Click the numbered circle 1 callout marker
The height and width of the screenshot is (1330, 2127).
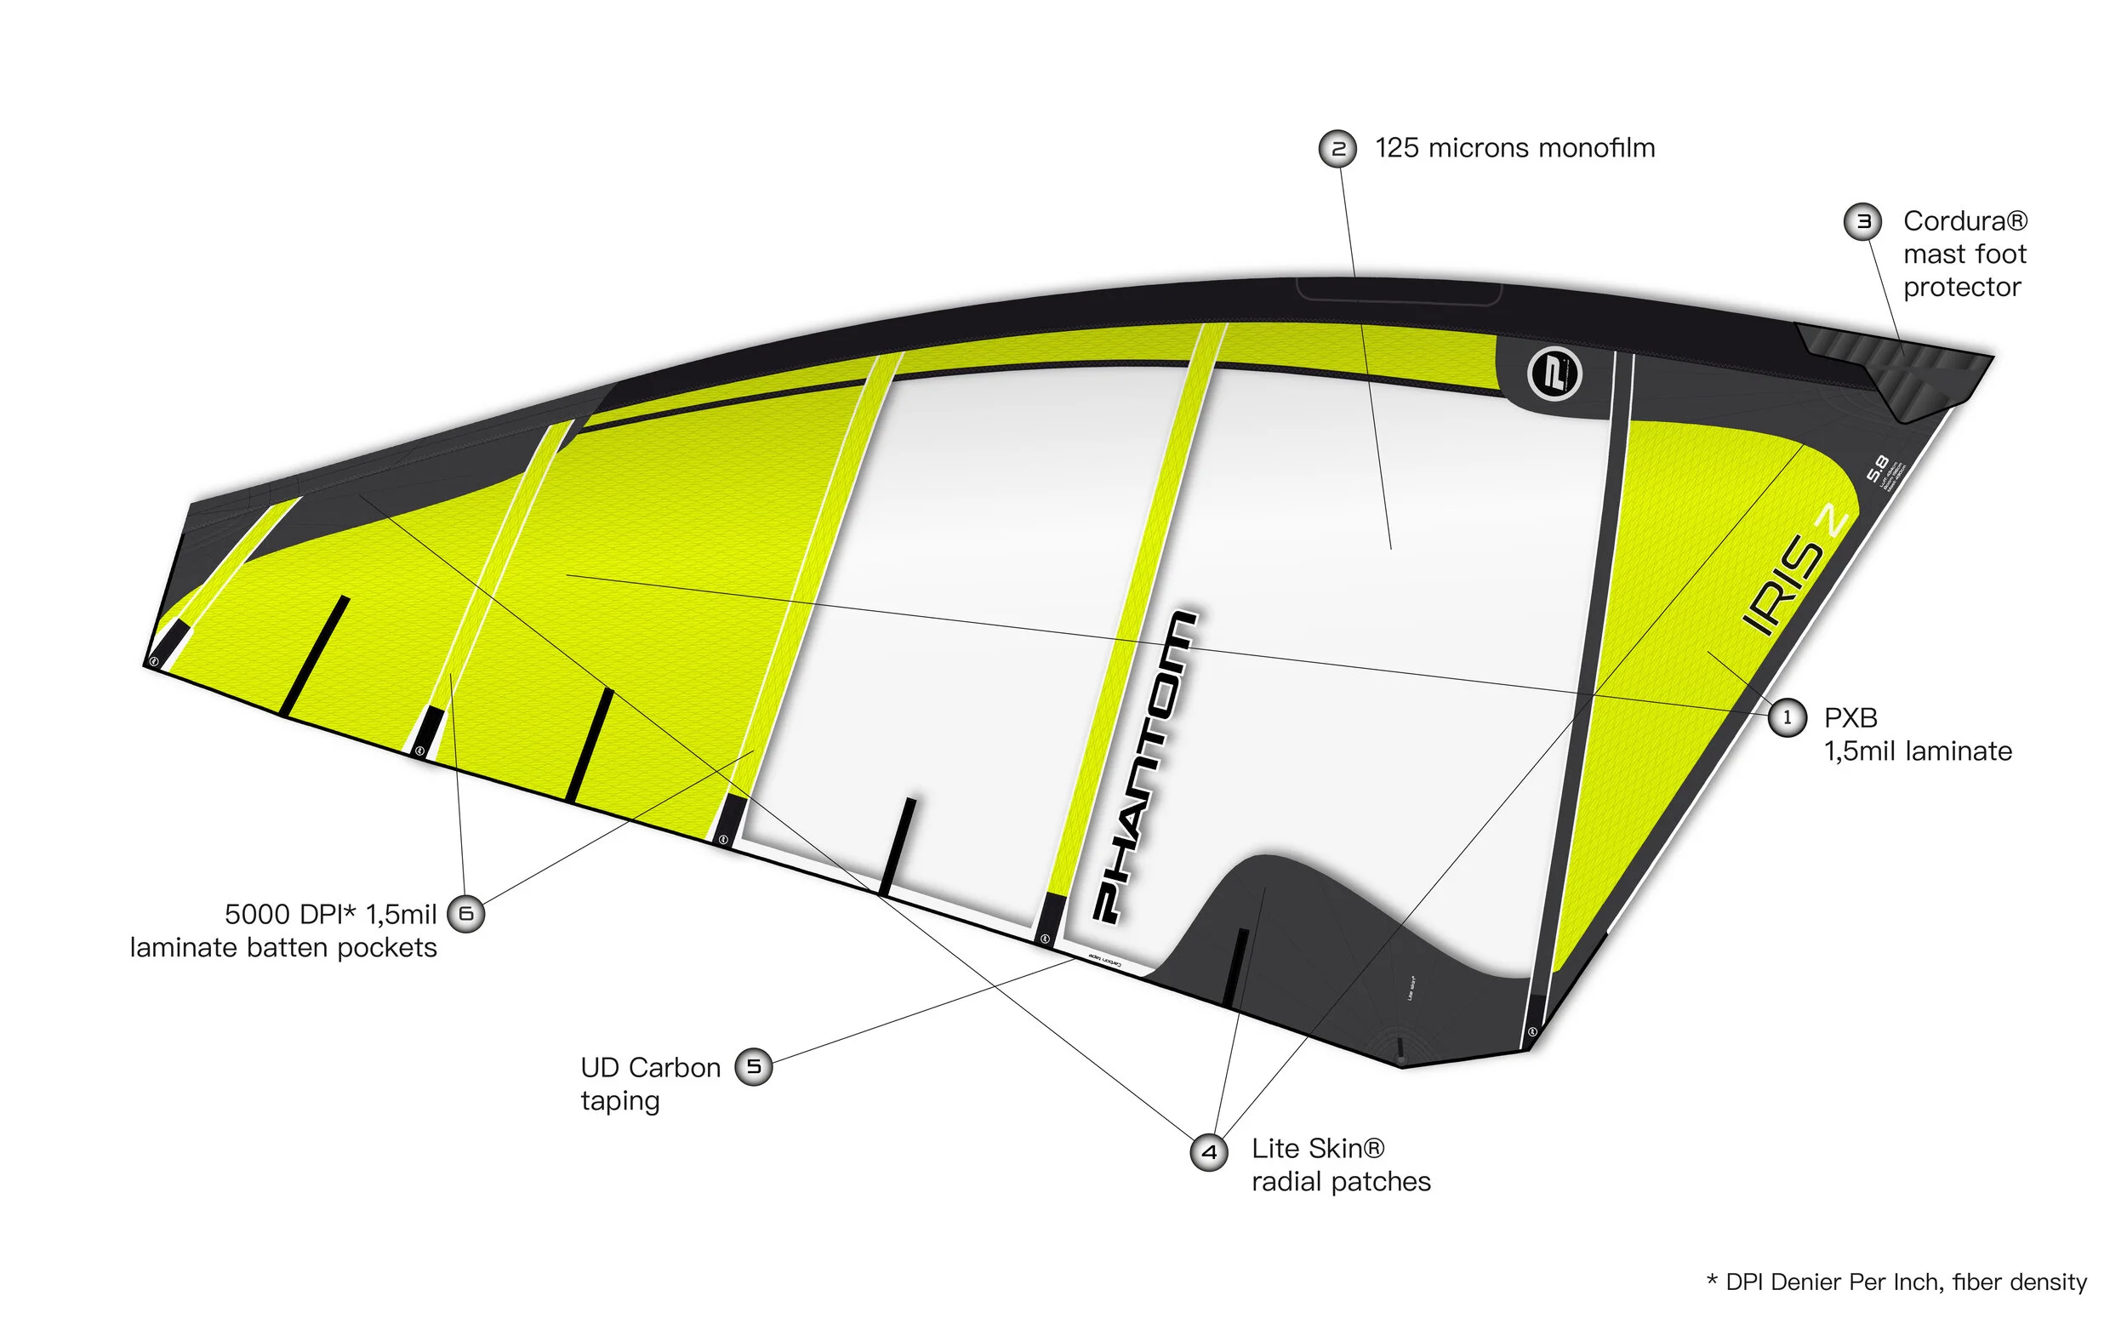click(1786, 718)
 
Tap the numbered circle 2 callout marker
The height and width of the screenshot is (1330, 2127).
click(1337, 149)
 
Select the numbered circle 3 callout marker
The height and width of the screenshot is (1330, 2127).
click(1862, 221)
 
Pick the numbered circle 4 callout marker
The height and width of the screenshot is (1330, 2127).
click(1209, 1152)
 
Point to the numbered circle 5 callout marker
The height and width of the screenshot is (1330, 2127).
click(754, 1067)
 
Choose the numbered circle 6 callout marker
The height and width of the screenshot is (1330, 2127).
click(466, 914)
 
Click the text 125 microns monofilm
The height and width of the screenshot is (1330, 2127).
click(1514, 149)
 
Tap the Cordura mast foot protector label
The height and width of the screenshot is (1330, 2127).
click(1964, 254)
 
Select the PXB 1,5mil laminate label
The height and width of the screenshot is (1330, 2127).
click(1917, 734)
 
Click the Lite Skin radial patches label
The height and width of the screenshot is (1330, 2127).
click(1340, 1166)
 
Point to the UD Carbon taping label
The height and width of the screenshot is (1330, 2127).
click(650, 1084)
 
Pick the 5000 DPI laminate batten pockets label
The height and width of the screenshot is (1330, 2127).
click(283, 931)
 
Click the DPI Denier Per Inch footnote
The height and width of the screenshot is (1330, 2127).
click(1896, 1281)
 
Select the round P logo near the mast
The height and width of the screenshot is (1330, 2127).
click(1554, 374)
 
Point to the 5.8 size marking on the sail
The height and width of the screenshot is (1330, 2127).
click(1876, 468)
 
